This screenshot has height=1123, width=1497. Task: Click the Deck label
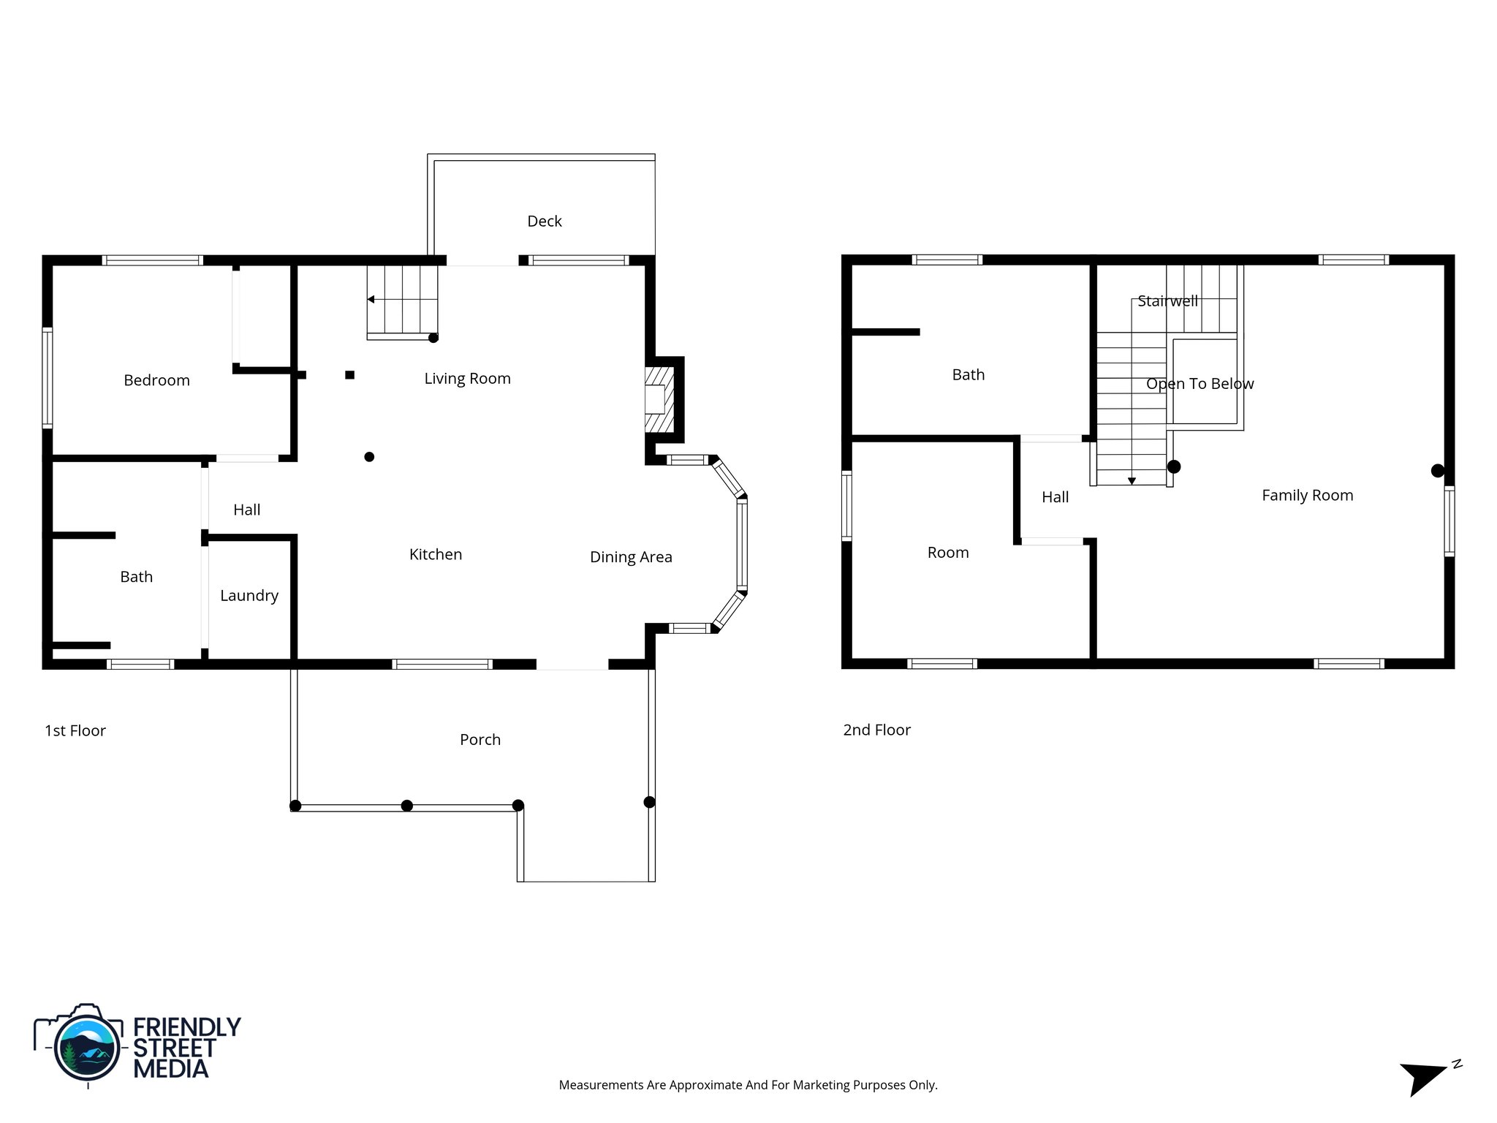pos(544,221)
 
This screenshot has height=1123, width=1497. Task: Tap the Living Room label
pos(467,378)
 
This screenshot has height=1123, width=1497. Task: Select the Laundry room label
pos(249,595)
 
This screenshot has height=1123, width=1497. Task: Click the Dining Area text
pos(631,557)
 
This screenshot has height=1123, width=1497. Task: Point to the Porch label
pos(480,739)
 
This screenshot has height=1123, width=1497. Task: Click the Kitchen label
pos(436,554)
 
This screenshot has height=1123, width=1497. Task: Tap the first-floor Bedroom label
pos(156,380)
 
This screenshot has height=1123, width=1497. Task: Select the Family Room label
pos(1307,495)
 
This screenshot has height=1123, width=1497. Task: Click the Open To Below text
pos(1200,384)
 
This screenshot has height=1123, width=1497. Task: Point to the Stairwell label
pos(1167,300)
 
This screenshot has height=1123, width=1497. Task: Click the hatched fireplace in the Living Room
pos(658,400)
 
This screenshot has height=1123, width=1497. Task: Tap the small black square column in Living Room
pos(350,375)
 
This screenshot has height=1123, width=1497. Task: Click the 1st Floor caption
pos(75,730)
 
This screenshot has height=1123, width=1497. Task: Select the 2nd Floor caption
pos(876,730)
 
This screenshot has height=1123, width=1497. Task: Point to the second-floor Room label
pos(948,553)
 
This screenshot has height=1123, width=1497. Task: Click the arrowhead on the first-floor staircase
pos(371,299)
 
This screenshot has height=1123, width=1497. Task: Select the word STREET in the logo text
pos(174,1048)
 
